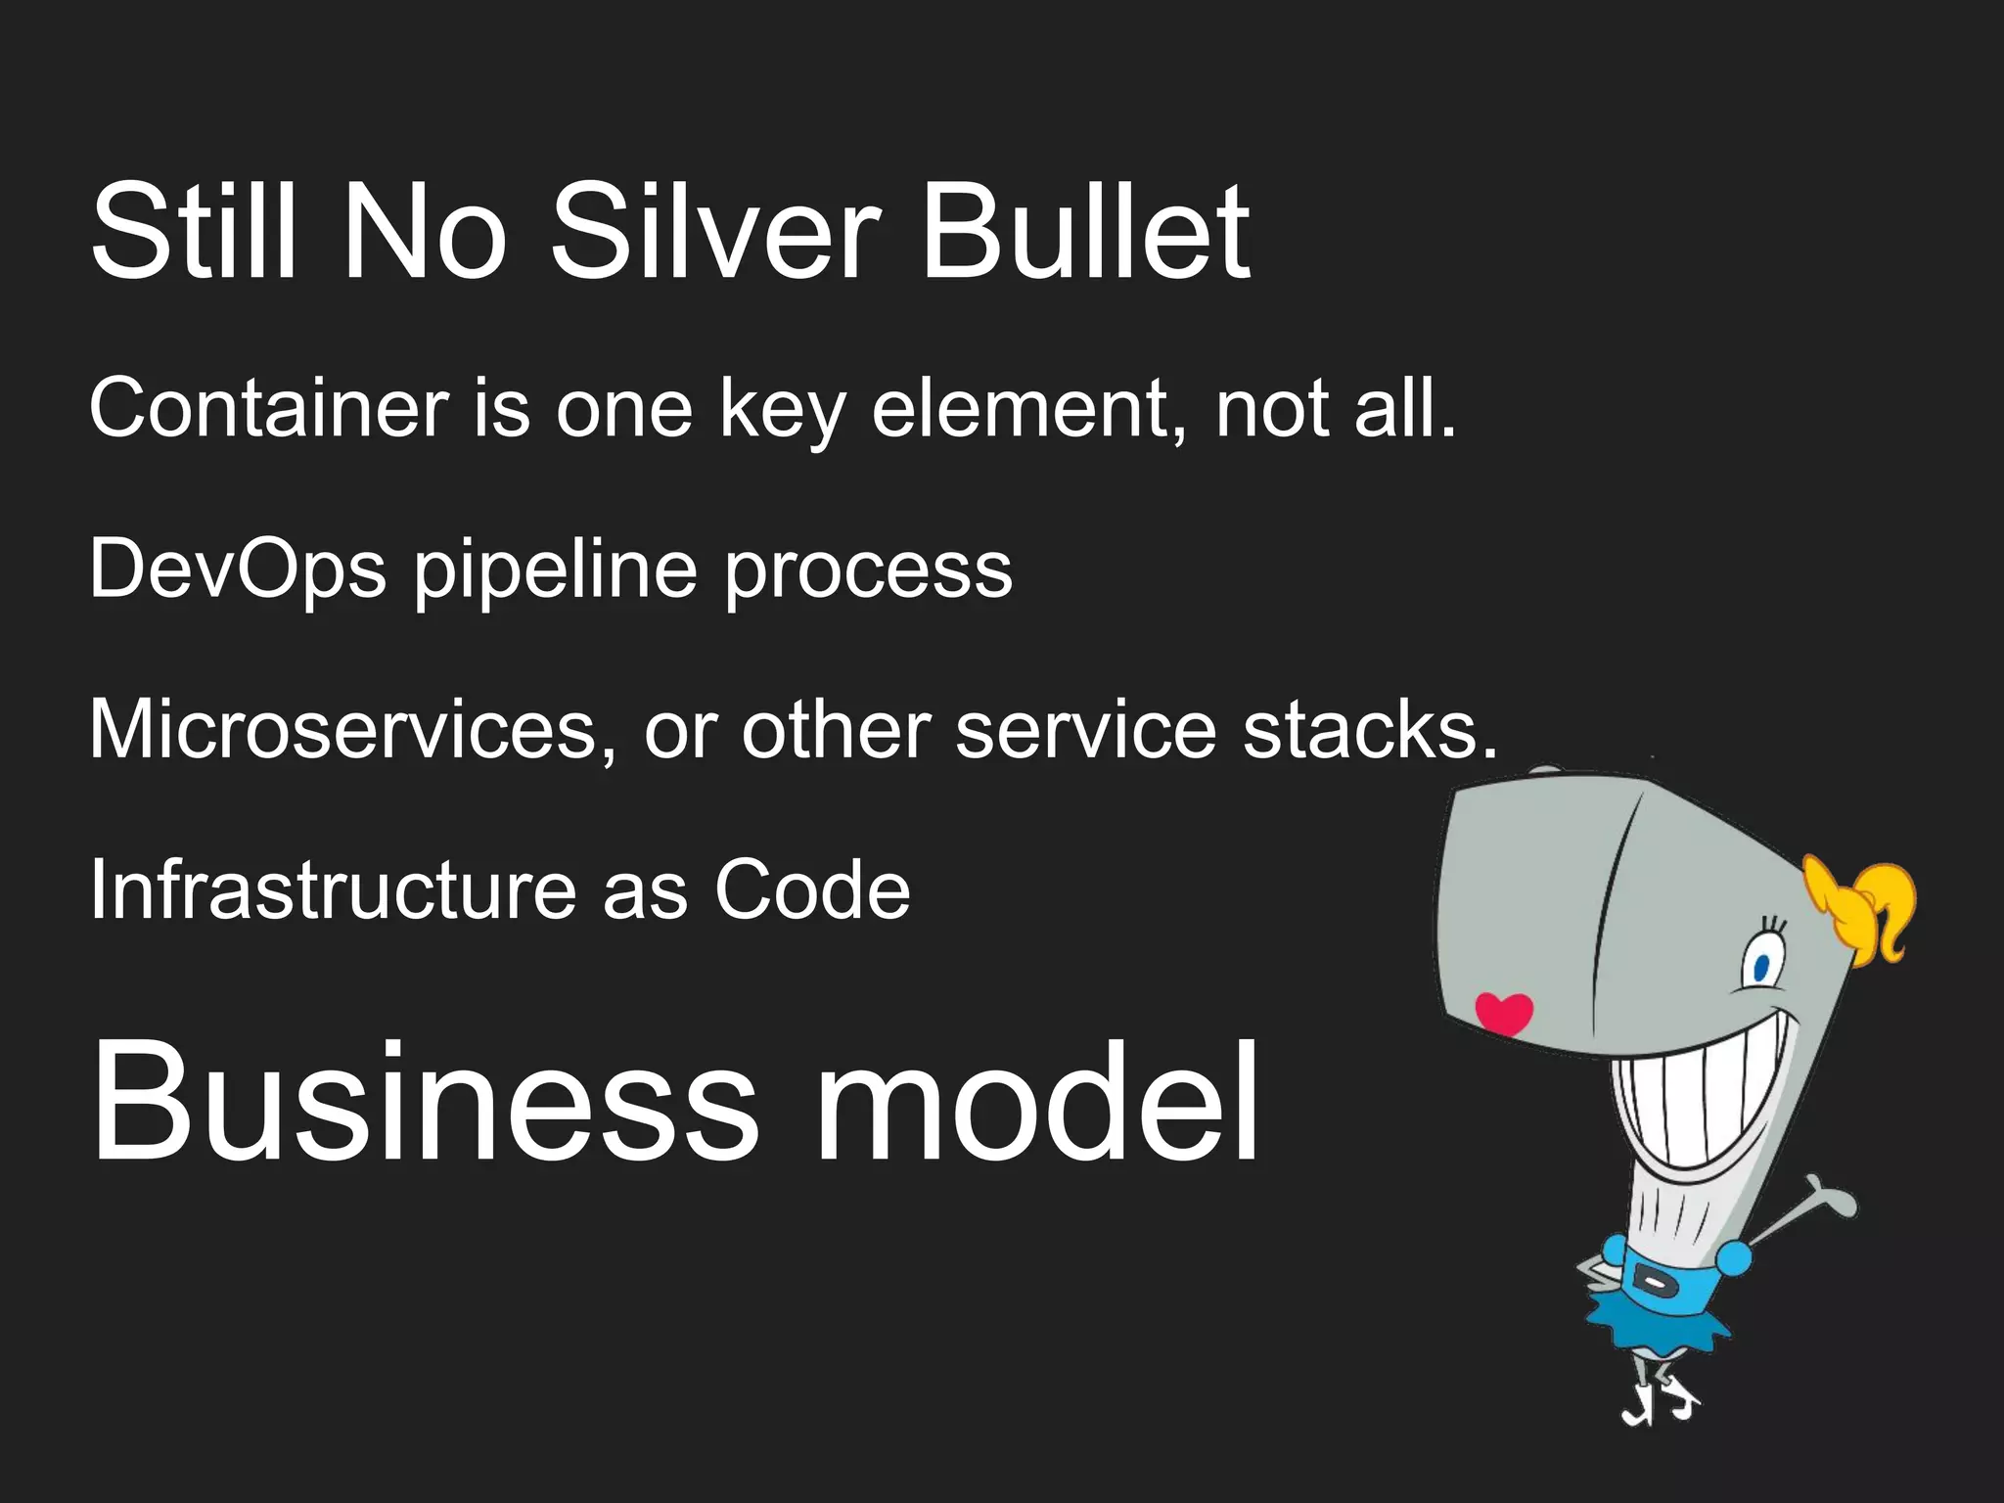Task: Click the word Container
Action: [269, 409]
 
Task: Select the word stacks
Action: [1370, 730]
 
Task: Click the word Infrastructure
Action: [333, 890]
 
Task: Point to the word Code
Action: [812, 890]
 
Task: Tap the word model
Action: [1037, 1104]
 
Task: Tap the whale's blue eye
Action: [1761, 969]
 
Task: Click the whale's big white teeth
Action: [1703, 1096]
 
